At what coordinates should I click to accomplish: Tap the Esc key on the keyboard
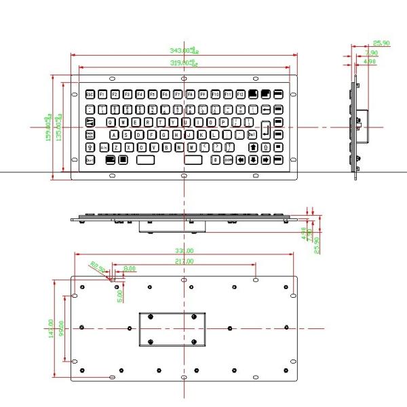click(90, 94)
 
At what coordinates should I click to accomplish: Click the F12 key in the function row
click(239, 94)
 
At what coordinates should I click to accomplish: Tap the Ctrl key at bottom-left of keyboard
click(91, 160)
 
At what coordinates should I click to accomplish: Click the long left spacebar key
click(145, 160)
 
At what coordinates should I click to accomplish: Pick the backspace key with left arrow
click(266, 109)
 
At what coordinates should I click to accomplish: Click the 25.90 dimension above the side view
click(381, 43)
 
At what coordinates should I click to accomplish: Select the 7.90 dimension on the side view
click(371, 53)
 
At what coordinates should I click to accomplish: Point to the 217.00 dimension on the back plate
click(185, 261)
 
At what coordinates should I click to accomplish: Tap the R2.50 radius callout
click(98, 268)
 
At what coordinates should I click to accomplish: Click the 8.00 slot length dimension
click(129, 269)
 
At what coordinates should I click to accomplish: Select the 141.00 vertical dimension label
click(50, 330)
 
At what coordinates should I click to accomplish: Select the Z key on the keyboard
click(117, 147)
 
